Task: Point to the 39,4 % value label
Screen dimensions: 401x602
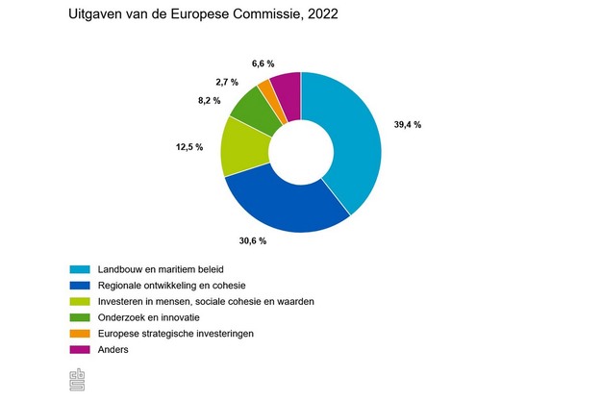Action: [x=407, y=124]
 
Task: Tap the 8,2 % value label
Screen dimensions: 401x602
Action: [x=209, y=99]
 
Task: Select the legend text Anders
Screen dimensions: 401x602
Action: [x=113, y=349]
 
